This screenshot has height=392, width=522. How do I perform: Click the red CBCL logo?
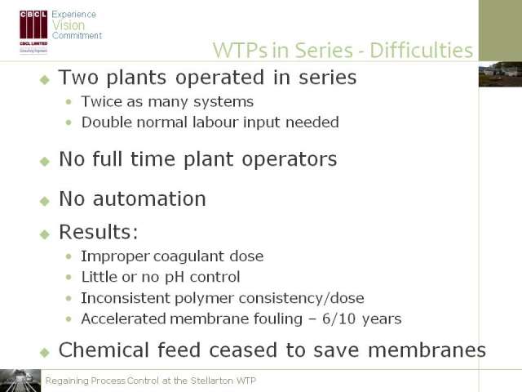[x=33, y=32]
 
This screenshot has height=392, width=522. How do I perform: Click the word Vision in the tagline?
[x=69, y=25]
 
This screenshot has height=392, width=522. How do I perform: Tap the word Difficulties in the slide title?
[x=421, y=51]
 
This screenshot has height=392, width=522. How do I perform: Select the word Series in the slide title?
[x=324, y=51]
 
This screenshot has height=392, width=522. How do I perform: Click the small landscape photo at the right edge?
[x=500, y=74]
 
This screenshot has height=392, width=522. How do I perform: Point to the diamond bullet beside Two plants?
[x=45, y=80]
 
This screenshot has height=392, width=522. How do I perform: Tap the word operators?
[x=290, y=160]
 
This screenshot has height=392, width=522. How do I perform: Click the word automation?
[x=149, y=199]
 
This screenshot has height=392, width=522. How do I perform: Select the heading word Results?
[x=99, y=232]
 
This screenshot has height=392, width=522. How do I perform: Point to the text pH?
[x=175, y=278]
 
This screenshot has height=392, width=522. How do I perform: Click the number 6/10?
[x=339, y=318]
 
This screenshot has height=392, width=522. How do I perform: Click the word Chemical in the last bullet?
[x=104, y=350]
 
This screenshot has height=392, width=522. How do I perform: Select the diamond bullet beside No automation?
[x=45, y=201]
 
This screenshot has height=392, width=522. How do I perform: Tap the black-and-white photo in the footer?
[x=20, y=381]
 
